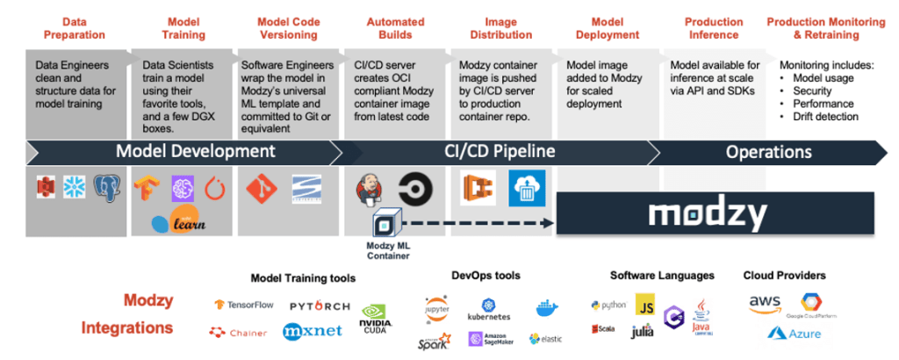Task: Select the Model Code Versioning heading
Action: click(288, 28)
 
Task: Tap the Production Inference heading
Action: click(714, 28)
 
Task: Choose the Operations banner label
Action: click(767, 151)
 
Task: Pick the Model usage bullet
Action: click(820, 79)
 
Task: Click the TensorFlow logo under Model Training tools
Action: click(244, 305)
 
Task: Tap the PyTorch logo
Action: click(320, 306)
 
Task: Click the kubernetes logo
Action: click(488, 308)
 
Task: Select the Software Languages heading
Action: click(662, 276)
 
